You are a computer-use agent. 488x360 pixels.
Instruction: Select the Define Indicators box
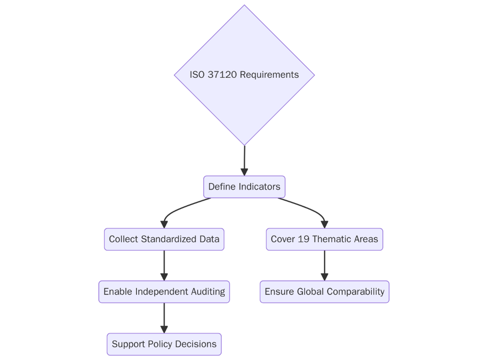(x=244, y=187)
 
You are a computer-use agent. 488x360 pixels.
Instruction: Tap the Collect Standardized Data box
(x=164, y=239)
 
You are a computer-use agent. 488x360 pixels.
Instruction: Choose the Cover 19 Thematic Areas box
(x=324, y=239)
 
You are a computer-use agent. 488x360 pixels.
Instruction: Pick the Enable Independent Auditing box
(x=164, y=291)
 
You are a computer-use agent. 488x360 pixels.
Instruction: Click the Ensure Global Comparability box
(x=324, y=291)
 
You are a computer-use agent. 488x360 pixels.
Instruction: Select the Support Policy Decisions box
(x=164, y=344)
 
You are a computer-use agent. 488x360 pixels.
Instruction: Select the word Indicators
(x=259, y=187)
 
